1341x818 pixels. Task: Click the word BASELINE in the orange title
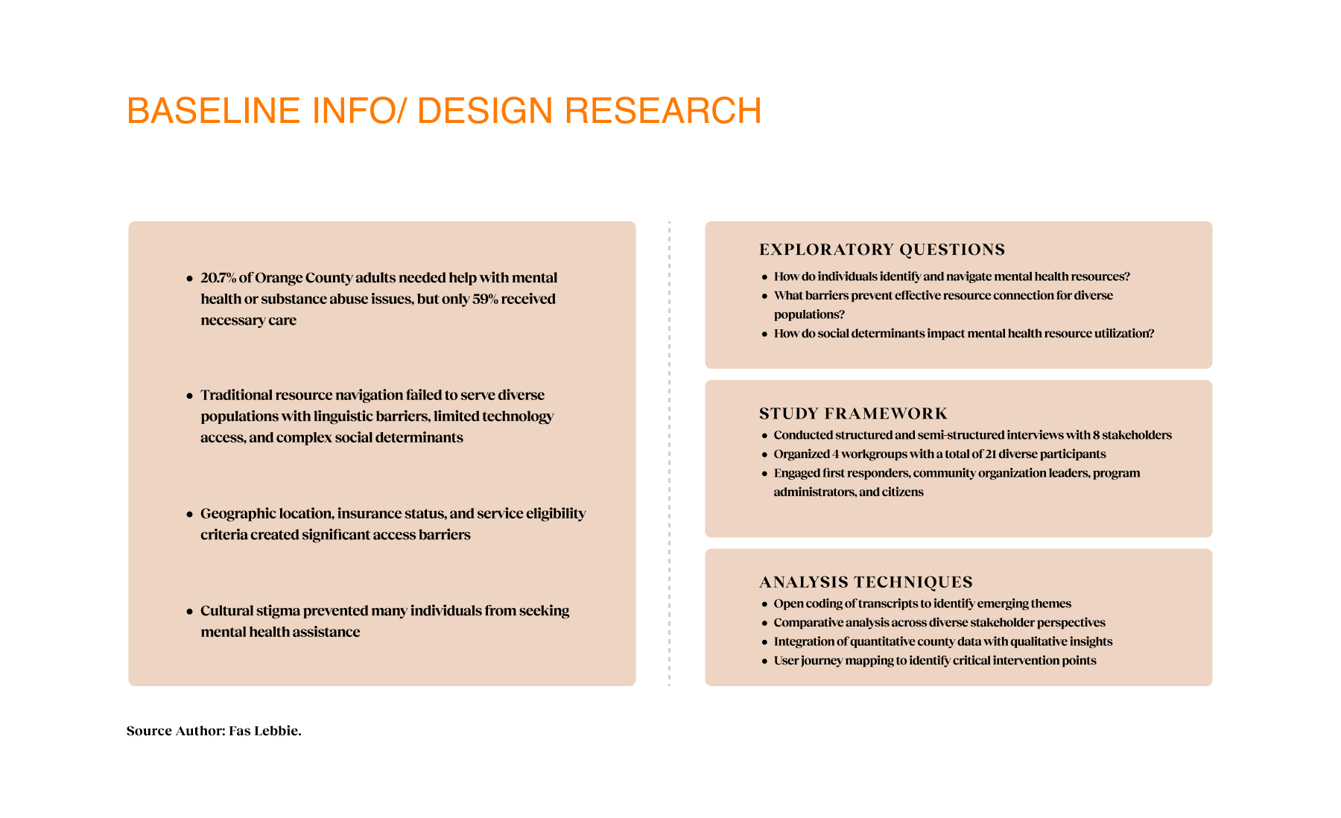(x=214, y=111)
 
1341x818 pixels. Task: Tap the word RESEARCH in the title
(x=663, y=111)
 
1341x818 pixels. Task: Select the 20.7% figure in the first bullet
(x=218, y=278)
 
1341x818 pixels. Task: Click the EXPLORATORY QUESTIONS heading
(x=882, y=250)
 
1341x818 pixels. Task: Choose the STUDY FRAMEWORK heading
(x=853, y=413)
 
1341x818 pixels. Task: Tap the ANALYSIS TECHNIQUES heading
(x=866, y=582)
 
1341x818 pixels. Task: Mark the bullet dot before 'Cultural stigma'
(x=189, y=612)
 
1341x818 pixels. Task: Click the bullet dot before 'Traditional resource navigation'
(x=189, y=396)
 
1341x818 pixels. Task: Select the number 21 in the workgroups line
(x=990, y=454)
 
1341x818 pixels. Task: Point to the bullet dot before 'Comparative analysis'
(x=764, y=624)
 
